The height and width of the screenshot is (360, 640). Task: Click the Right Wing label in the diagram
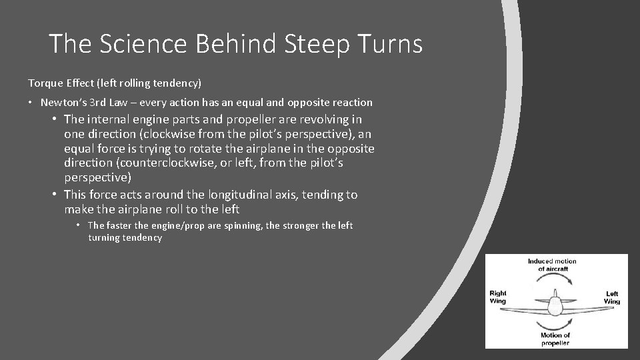(x=498, y=297)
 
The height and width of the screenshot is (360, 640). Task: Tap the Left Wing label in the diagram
(x=612, y=297)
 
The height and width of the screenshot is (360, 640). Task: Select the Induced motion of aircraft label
(x=552, y=265)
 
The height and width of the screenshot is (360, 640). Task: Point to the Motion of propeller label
(x=556, y=339)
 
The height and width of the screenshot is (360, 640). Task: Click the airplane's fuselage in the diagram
(x=555, y=306)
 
